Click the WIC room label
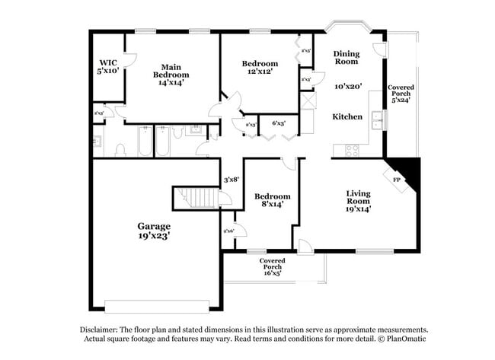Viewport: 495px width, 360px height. (108, 62)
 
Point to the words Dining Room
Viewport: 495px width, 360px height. (346, 57)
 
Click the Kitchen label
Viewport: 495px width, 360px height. (346, 116)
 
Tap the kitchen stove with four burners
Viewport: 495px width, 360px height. (353, 150)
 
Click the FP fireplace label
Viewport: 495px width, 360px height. (396, 180)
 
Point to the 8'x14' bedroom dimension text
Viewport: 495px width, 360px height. (272, 203)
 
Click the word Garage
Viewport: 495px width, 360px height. (153, 226)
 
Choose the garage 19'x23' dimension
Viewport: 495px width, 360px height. (153, 236)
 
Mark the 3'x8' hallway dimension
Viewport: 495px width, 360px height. (232, 180)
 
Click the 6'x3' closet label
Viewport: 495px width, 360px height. (278, 123)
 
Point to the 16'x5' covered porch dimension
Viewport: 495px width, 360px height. (272, 272)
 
